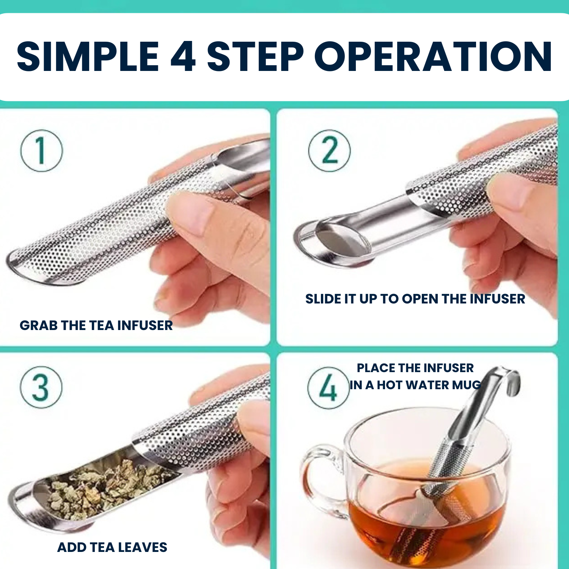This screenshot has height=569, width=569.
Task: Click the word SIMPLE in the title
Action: coord(88,57)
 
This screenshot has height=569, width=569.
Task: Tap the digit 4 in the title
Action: coord(183,57)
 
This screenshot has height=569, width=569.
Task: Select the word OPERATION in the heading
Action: coord(433,57)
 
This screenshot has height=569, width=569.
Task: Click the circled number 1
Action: coord(41,151)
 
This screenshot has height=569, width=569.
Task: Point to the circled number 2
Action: coord(329,151)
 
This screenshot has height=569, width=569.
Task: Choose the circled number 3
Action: coord(41,387)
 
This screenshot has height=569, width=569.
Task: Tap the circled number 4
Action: coord(328,388)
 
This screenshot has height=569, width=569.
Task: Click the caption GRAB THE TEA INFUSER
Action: coord(96,325)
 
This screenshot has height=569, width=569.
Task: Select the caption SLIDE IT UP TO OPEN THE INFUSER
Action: coord(415,299)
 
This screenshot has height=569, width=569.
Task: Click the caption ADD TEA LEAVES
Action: coord(112,547)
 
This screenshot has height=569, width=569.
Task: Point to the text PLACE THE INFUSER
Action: coord(415,368)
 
